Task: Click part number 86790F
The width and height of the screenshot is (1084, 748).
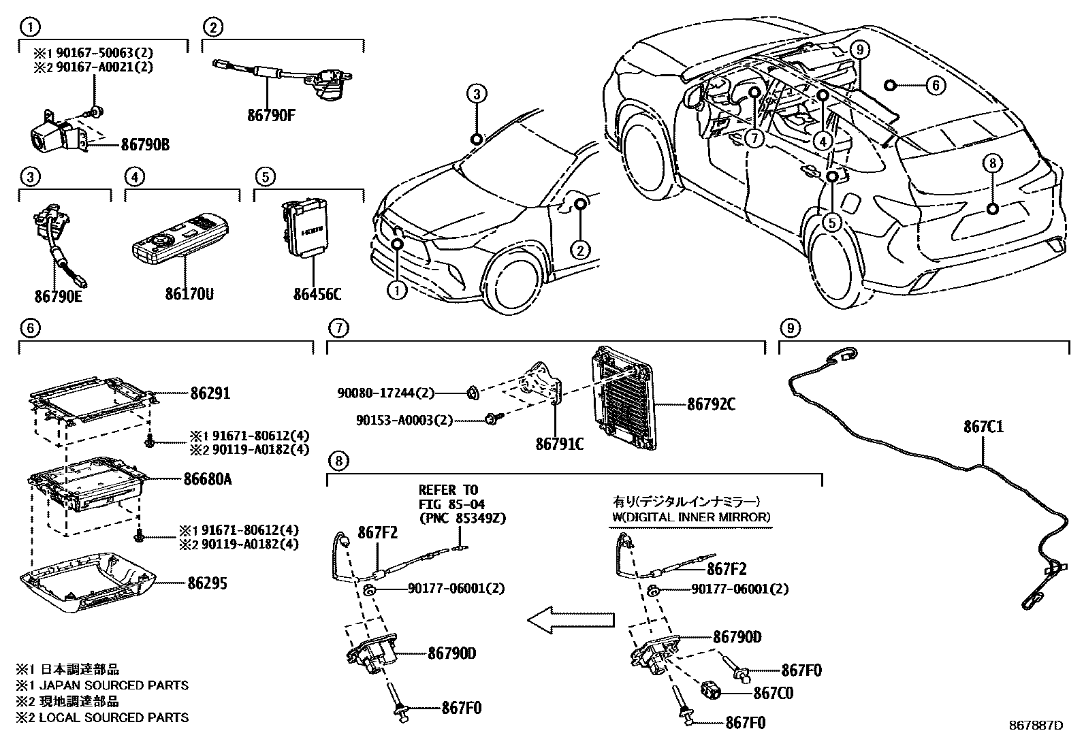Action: tap(270, 115)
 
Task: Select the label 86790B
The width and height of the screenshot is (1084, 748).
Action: tap(145, 144)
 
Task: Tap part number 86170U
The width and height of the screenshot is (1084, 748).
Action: tap(189, 294)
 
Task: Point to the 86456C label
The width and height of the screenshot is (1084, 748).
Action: tap(317, 294)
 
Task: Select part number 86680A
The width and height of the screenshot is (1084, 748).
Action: tap(207, 479)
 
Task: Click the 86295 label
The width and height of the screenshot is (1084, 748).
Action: tap(208, 583)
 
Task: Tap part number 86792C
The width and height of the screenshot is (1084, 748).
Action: tap(711, 404)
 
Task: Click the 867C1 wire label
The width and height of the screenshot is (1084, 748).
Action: tap(983, 427)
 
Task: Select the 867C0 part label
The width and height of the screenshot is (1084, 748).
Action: tap(773, 694)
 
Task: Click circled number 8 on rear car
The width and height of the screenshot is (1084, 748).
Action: tap(992, 163)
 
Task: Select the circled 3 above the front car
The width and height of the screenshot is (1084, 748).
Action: tap(477, 94)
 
